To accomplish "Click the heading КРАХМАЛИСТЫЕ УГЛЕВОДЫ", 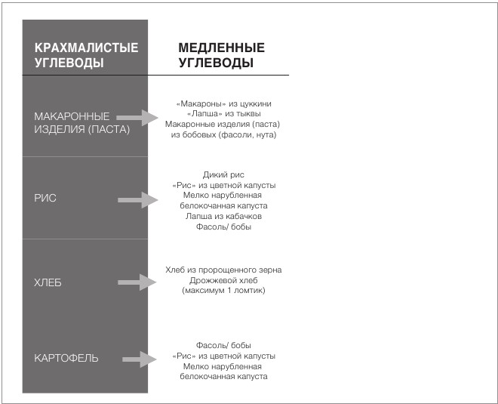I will point(87,55).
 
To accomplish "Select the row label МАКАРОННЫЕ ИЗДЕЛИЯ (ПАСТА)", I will point(82,122).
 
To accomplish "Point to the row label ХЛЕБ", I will point(48,283).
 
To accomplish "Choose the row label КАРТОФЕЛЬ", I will point(66,357).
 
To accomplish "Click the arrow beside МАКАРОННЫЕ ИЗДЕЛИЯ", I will point(140,118).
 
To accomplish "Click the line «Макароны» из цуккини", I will point(223,103).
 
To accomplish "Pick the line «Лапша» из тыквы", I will point(223,113).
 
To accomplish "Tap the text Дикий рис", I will point(223,174).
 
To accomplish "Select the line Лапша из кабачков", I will point(223,216).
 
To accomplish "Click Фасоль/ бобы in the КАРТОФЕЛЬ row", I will point(223,344).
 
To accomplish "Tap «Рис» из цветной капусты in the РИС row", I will point(223,185).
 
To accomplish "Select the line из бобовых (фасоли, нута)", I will point(223,134).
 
